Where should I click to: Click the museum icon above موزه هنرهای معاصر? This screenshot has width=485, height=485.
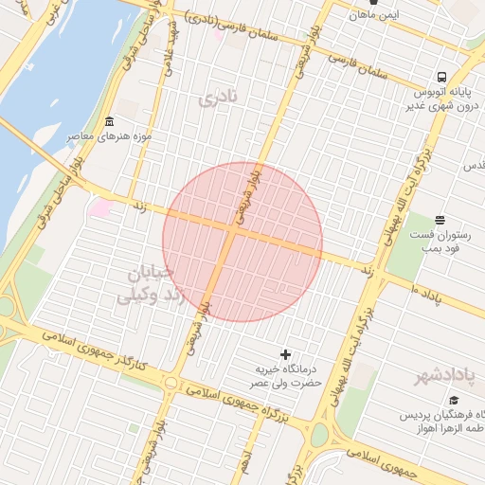110,122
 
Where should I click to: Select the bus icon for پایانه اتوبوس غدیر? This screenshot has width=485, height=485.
441,78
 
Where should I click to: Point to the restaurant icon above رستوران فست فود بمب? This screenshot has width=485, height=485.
439,220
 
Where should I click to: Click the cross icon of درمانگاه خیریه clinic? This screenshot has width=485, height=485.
286,353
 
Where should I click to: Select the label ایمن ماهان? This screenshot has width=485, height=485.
374,16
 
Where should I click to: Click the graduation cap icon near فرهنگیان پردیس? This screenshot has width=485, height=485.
453,401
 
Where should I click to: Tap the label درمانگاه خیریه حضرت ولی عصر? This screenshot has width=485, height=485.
283,376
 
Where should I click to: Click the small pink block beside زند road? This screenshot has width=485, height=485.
100,207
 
